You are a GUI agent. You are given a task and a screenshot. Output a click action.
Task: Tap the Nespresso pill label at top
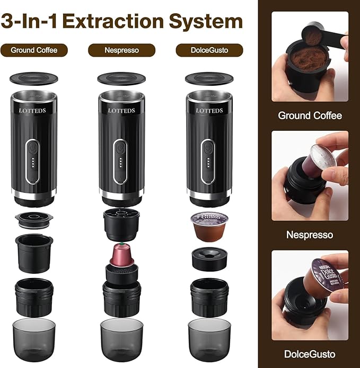[121, 51]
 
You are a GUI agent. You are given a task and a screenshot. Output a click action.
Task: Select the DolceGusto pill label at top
[209, 51]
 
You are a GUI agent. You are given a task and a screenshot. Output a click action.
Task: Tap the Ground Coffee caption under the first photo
[310, 115]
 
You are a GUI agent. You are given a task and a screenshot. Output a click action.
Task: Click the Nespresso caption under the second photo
[310, 235]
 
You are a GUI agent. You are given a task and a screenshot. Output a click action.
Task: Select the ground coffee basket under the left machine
[34, 252]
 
